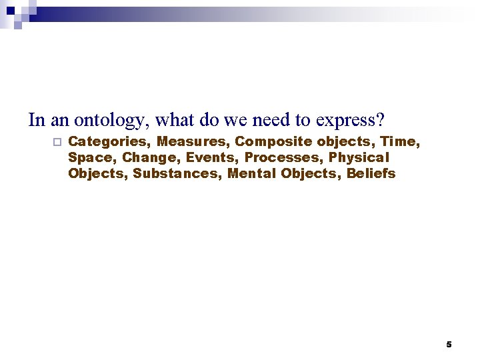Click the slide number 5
(x=449, y=345)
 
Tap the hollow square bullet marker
(x=56, y=142)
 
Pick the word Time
(x=400, y=141)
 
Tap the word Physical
(x=359, y=157)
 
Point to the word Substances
(x=177, y=173)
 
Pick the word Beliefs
(x=371, y=173)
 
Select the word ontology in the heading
(x=112, y=121)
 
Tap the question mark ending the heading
(x=381, y=120)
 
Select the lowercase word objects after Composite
(x=345, y=141)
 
